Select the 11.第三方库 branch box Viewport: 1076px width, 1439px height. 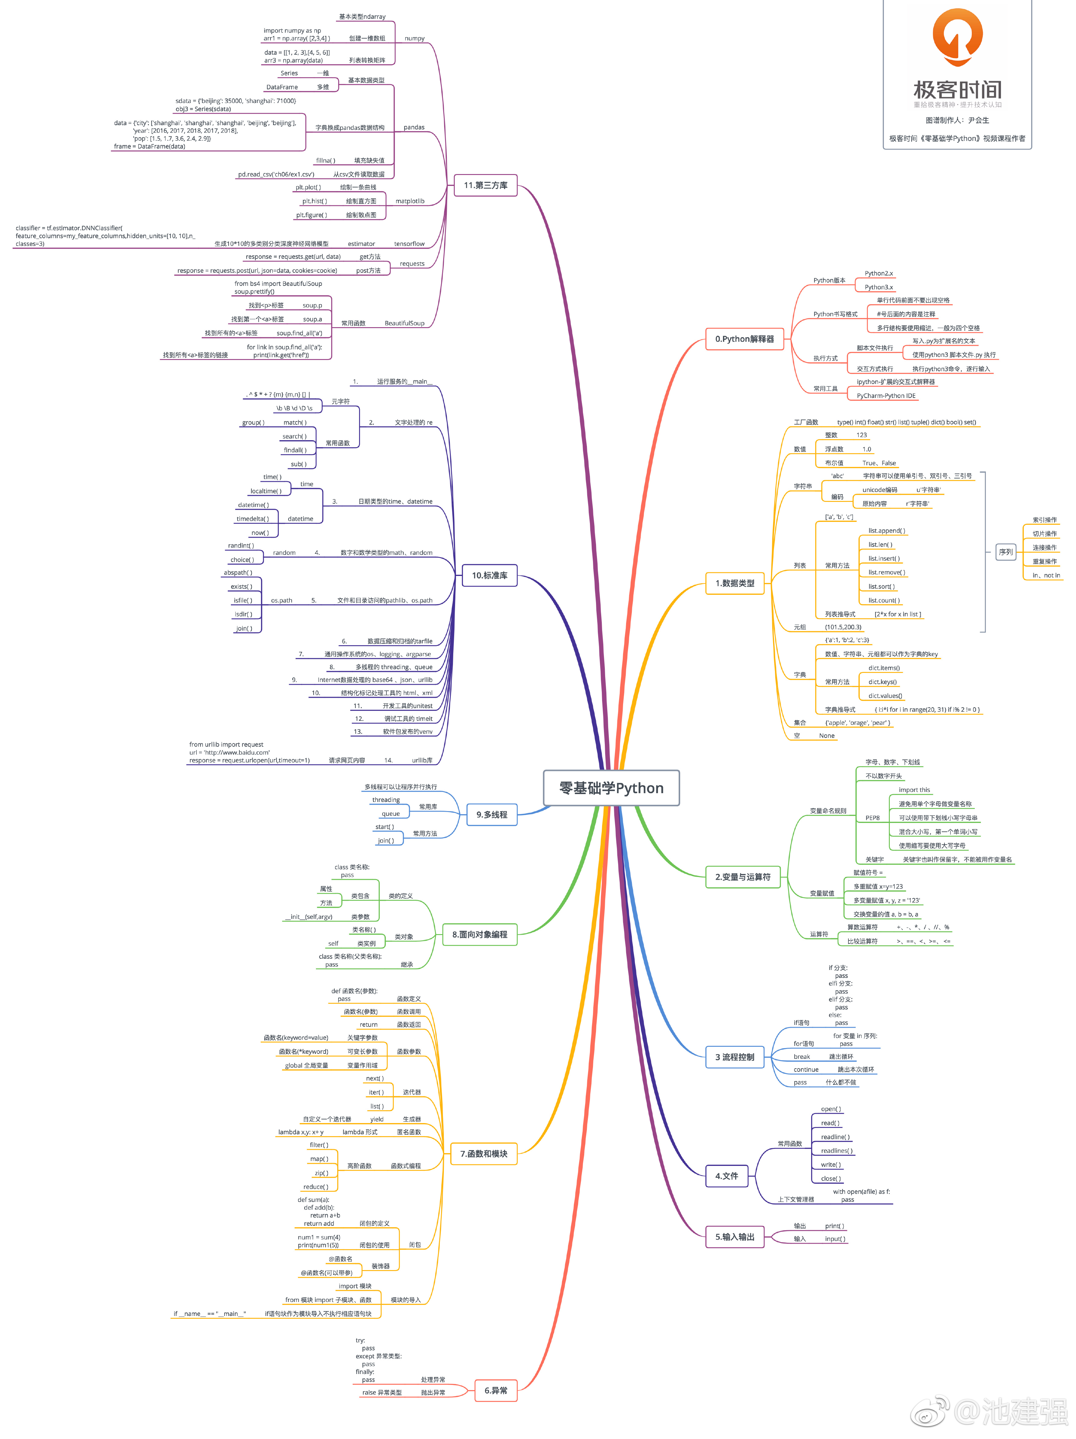coord(485,185)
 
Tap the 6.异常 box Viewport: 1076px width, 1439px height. coord(496,1390)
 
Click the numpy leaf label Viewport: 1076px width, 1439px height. coord(414,38)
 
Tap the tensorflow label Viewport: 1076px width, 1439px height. coord(409,244)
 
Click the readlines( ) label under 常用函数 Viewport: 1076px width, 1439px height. coord(836,1151)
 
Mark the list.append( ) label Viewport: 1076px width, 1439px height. coord(886,531)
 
